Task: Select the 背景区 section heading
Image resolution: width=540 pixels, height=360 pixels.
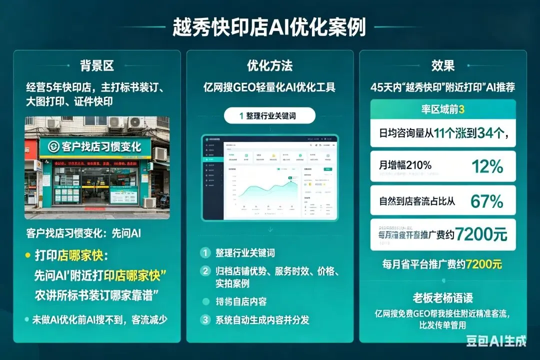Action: (97, 65)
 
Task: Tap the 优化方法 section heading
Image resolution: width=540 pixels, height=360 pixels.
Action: (269, 65)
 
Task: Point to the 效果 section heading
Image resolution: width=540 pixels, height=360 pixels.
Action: (442, 65)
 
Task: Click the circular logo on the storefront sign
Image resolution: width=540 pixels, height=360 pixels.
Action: (53, 146)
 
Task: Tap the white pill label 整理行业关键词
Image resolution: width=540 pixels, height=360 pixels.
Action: (270, 115)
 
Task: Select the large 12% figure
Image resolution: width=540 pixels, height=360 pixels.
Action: (487, 166)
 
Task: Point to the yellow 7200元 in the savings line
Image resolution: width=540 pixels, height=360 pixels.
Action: (483, 264)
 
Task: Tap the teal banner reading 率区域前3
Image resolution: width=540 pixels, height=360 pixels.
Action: (442, 109)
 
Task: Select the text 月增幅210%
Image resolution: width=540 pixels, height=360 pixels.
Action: (405, 165)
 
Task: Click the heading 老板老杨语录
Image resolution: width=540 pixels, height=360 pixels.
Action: (442, 298)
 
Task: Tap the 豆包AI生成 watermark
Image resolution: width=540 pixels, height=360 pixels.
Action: (496, 341)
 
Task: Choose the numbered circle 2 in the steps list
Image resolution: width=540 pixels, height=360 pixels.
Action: (205, 271)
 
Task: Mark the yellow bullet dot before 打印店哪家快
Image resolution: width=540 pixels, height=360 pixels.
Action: (27, 255)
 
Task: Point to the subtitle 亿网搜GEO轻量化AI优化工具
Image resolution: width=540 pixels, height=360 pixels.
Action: (269, 87)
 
